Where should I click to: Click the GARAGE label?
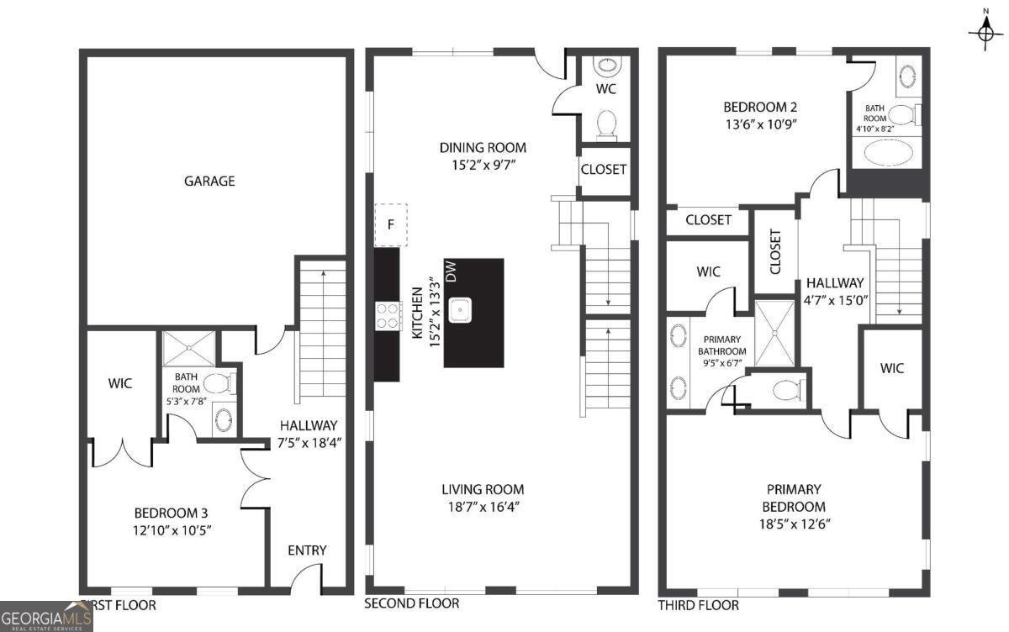tap(210, 181)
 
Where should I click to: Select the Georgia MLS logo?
tap(46, 615)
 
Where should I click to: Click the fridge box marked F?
tap(390, 225)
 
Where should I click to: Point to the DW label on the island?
tap(451, 271)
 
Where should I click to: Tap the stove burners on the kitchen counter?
tap(388, 316)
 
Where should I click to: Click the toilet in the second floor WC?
tap(605, 124)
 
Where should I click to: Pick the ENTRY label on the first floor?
tap(307, 550)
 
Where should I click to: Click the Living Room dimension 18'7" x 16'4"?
tap(483, 507)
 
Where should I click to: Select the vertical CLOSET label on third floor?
tap(774, 252)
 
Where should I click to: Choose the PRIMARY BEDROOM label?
tap(794, 498)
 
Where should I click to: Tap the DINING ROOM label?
tap(483, 148)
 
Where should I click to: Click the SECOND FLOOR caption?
tap(412, 603)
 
